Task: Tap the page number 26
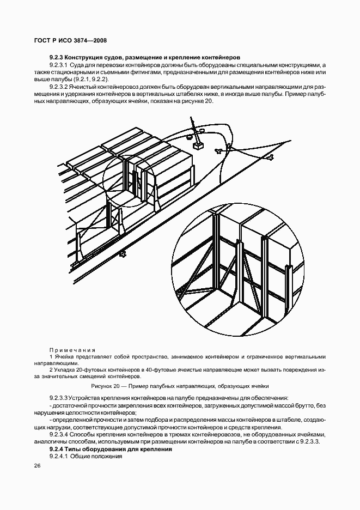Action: point(37,466)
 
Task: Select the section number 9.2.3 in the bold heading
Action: point(57,57)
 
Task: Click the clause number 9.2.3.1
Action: point(58,65)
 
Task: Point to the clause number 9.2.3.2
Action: point(58,87)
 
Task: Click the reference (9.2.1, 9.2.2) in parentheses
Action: point(90,80)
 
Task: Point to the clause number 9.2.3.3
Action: point(58,399)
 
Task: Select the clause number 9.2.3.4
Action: point(58,434)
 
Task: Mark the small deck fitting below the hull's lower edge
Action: point(124,252)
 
